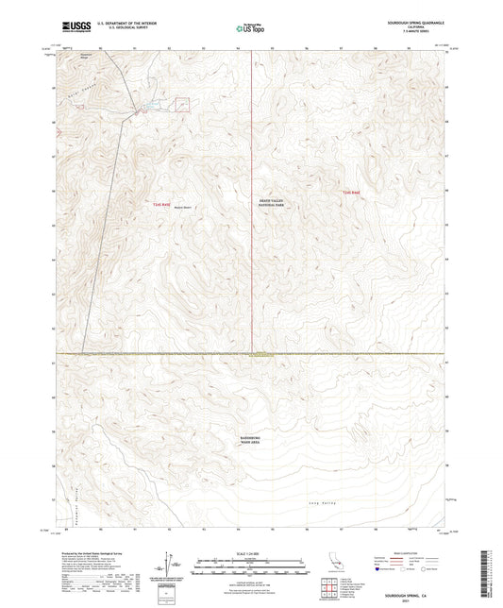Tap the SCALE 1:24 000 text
coord(251,553)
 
